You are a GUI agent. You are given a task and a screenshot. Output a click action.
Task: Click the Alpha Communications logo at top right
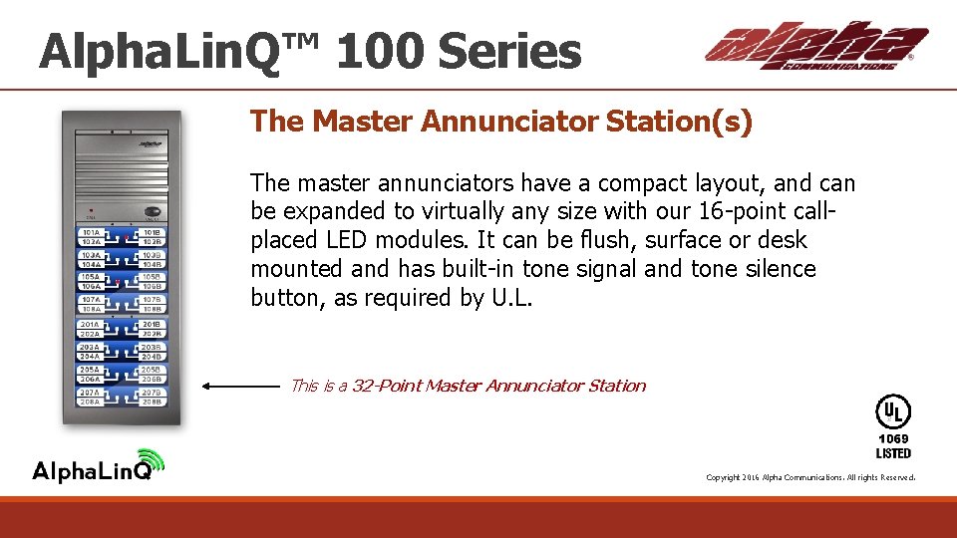click(x=815, y=46)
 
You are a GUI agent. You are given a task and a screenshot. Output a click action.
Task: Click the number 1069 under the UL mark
click(x=893, y=438)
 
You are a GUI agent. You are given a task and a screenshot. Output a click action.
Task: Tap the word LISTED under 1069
click(x=893, y=453)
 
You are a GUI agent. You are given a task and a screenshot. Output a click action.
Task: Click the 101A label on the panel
click(x=91, y=233)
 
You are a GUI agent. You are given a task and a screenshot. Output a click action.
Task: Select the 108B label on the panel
click(x=153, y=309)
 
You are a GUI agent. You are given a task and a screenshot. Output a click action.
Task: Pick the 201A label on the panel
click(x=91, y=324)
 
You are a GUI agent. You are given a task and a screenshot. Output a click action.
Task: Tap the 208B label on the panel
click(x=153, y=402)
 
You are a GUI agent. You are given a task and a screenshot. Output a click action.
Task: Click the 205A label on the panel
click(x=91, y=370)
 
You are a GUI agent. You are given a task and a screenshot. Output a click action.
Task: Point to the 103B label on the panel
click(x=153, y=255)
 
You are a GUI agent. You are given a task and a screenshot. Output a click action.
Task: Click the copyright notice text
click(x=809, y=477)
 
